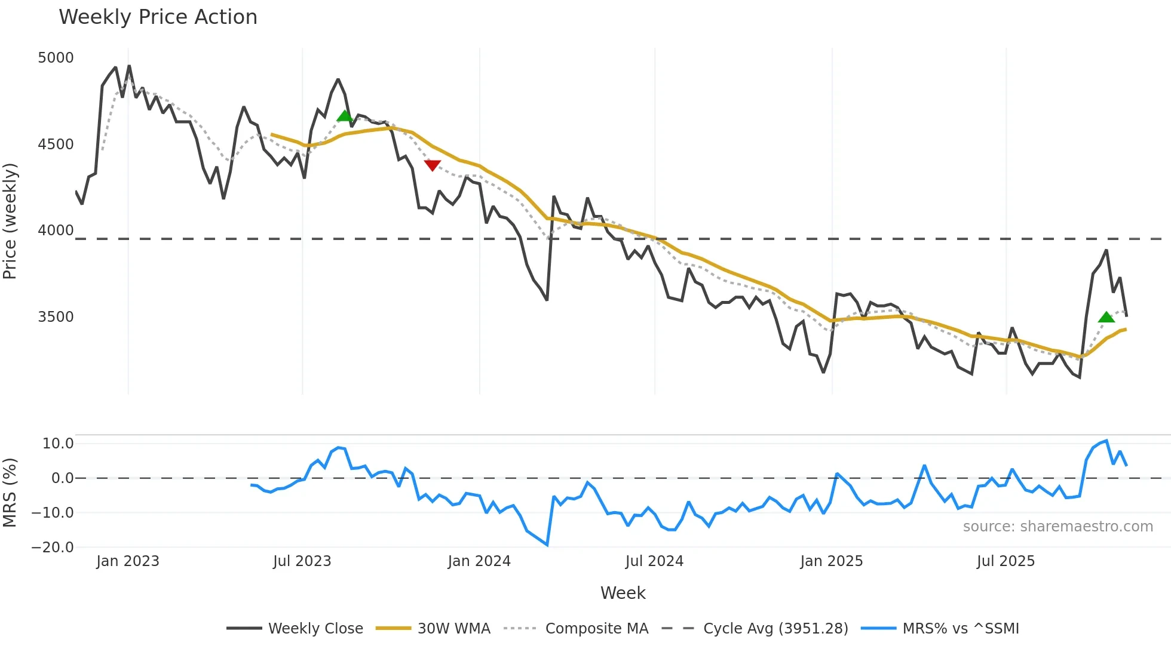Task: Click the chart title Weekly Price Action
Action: point(158,17)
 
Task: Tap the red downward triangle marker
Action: point(432,165)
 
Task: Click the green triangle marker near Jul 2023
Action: point(345,116)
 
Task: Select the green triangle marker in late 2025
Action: point(1106,317)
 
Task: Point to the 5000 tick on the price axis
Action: point(56,58)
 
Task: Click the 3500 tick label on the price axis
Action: point(56,317)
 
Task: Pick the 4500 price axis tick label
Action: point(56,144)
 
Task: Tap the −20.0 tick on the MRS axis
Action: point(53,548)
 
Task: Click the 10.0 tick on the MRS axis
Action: point(57,444)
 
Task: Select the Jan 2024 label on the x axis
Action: point(479,561)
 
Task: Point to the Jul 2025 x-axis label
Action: point(1006,561)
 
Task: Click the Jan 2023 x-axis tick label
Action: point(128,561)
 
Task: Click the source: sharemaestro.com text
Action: point(1057,527)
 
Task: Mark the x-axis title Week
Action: point(623,593)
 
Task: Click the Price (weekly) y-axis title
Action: point(10,221)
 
